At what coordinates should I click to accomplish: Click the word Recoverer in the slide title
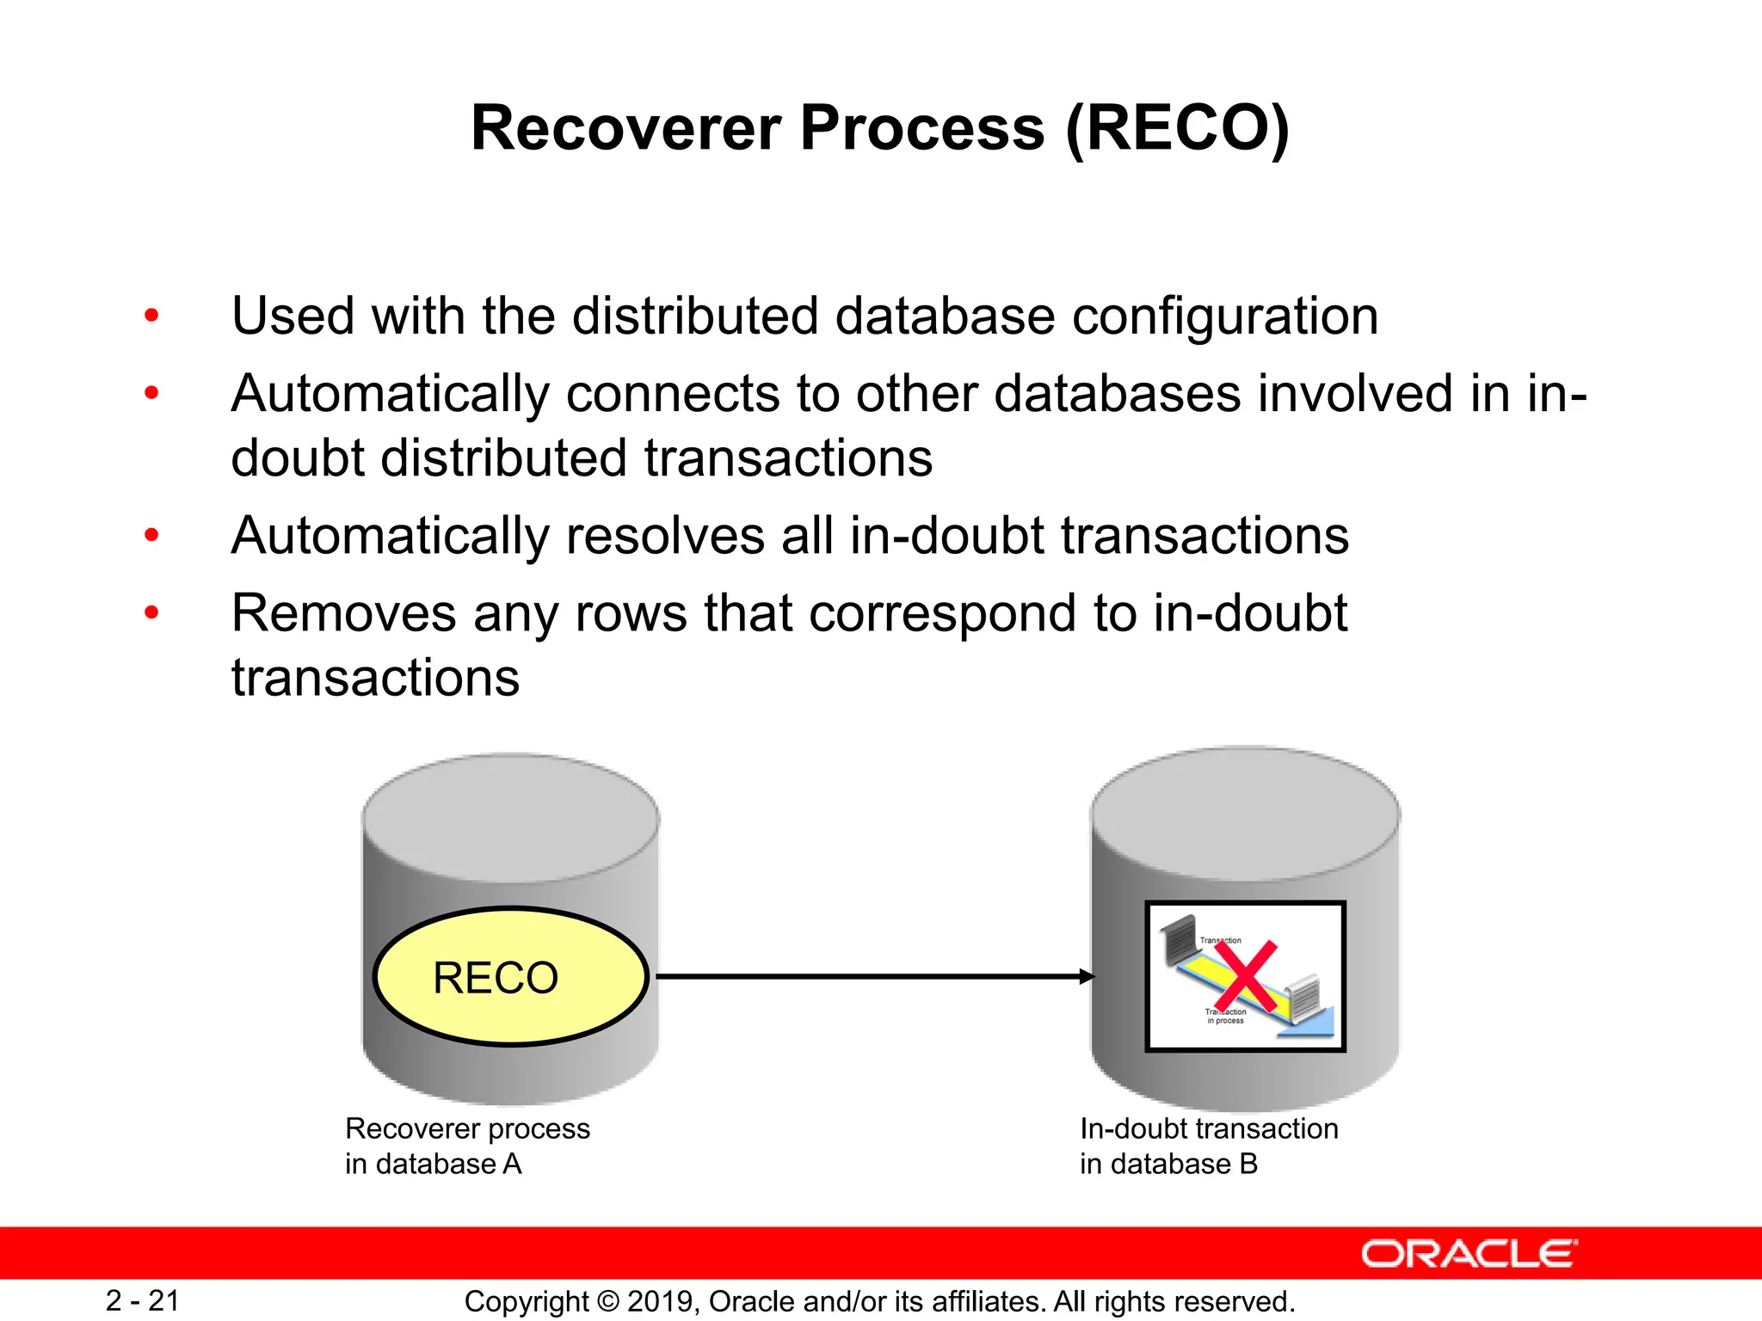coord(626,129)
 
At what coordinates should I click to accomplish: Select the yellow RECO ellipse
coord(509,977)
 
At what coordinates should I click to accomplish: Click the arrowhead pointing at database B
coord(1087,977)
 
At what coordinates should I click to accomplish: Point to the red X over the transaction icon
coord(1245,975)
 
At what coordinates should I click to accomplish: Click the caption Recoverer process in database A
coord(467,1146)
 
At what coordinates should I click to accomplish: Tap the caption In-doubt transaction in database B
coord(1208,1146)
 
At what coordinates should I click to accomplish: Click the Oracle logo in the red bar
coord(1469,1254)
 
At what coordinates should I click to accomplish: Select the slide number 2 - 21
coord(143,1300)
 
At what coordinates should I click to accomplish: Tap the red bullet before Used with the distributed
coord(152,316)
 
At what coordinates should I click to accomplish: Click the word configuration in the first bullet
coord(1224,316)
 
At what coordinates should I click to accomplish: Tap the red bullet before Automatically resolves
coord(152,536)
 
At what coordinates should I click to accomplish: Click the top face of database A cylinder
coord(511,817)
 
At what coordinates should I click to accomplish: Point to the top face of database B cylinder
coord(1245,813)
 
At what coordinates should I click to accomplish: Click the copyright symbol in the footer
coord(607,1301)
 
